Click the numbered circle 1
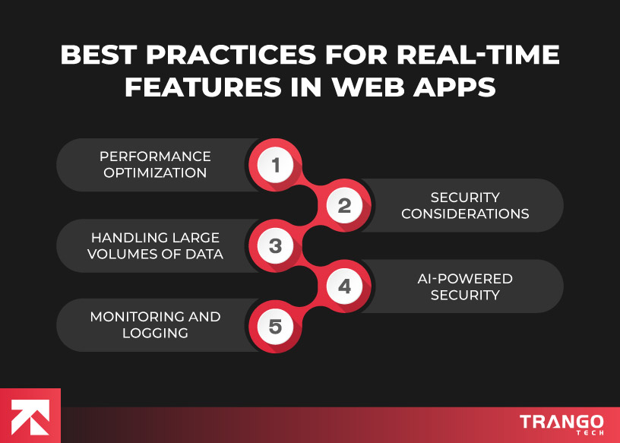coord(275,165)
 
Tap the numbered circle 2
coord(344,205)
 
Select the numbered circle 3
coord(275,245)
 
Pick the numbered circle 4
coord(344,286)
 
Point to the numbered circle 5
coord(275,326)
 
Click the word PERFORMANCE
coord(155,157)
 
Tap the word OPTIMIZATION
coord(155,172)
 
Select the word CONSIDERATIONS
coord(465,214)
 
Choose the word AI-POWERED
coord(465,278)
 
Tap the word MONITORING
coord(131,317)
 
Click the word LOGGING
coord(155,333)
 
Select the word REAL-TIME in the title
coord(478,54)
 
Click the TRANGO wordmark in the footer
coord(561,422)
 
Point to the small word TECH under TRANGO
coord(590,432)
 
